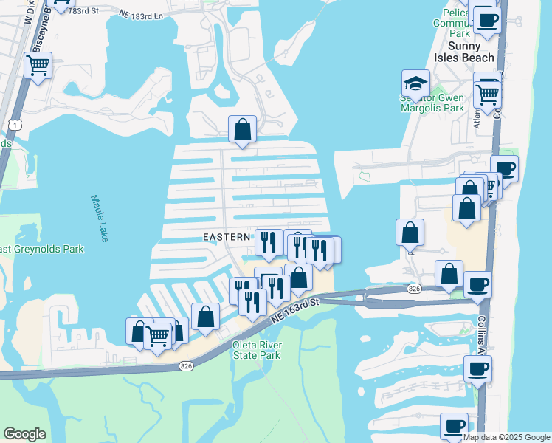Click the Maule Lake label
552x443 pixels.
click(100, 218)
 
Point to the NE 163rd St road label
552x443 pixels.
click(293, 310)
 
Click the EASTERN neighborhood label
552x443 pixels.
click(227, 237)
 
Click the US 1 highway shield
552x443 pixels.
click(16, 126)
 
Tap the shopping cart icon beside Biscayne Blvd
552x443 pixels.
click(38, 65)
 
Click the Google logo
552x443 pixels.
click(24, 434)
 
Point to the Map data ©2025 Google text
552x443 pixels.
click(506, 437)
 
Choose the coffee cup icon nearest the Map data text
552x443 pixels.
click(455, 426)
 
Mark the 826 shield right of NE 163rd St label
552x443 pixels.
click(414, 289)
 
